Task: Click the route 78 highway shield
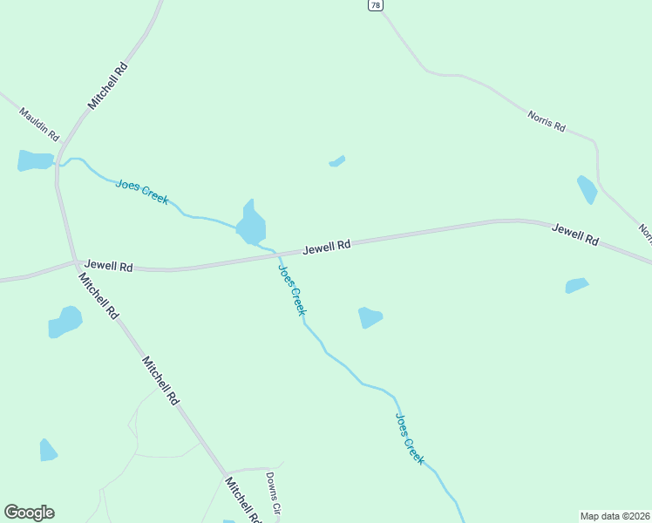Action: [374, 5]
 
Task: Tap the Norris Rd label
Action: [547, 121]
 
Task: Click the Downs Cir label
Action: [273, 492]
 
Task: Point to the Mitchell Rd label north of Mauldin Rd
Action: [108, 85]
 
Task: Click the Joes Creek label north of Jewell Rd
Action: [142, 191]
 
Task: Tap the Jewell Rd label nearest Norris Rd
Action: [575, 234]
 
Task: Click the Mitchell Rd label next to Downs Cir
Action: [243, 499]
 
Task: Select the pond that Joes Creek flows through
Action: [252, 225]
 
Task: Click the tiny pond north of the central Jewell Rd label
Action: [337, 160]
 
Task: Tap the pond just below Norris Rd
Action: [587, 188]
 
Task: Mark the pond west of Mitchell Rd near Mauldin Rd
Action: [35, 160]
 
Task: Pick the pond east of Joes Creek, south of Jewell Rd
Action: [370, 317]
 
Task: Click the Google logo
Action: [29, 513]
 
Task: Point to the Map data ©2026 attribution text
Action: [615, 515]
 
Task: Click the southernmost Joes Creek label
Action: [410, 438]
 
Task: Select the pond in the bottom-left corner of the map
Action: [48, 450]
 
